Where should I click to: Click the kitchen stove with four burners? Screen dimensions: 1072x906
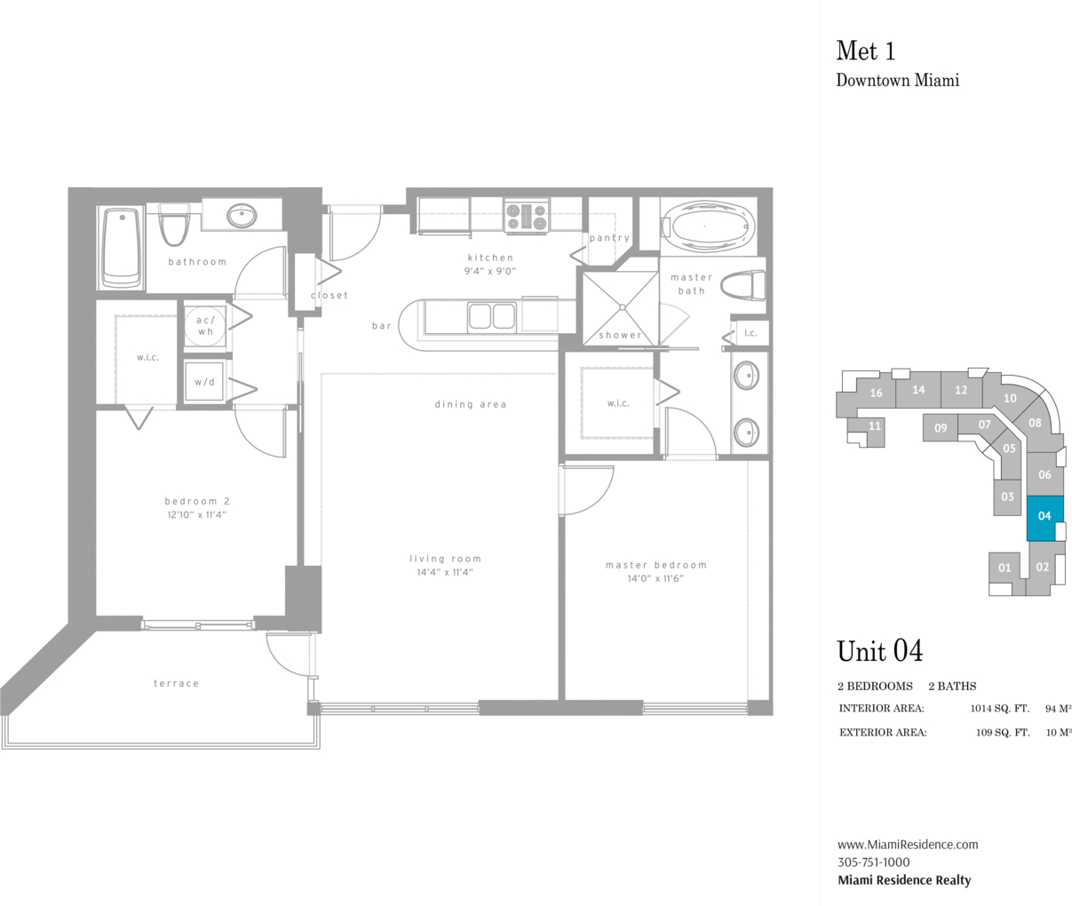click(527, 216)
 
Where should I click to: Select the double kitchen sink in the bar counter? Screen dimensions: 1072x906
click(491, 315)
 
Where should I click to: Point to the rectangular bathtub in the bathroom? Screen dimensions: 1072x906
click(122, 248)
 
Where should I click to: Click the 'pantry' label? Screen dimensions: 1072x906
click(609, 238)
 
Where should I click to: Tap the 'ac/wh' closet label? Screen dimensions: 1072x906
click(206, 326)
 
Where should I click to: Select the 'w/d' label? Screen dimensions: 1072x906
click(204, 382)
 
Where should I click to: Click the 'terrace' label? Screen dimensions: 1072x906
click(176, 683)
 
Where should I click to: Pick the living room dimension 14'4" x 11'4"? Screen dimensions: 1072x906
click(445, 572)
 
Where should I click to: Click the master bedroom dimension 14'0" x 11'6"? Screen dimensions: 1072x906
click(655, 578)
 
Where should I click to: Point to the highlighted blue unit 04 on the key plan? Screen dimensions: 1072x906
click(1044, 518)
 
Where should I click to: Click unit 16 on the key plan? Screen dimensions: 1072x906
click(876, 393)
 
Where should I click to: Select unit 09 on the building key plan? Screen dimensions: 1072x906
click(940, 428)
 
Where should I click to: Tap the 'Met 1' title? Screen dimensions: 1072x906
click(866, 52)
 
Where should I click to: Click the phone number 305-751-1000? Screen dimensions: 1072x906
click(873, 862)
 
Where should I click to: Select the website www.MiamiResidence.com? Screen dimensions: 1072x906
click(908, 845)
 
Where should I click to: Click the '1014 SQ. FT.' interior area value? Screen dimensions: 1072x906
click(999, 709)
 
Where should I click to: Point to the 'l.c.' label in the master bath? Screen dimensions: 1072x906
click(750, 333)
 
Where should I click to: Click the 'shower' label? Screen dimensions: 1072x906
click(620, 335)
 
